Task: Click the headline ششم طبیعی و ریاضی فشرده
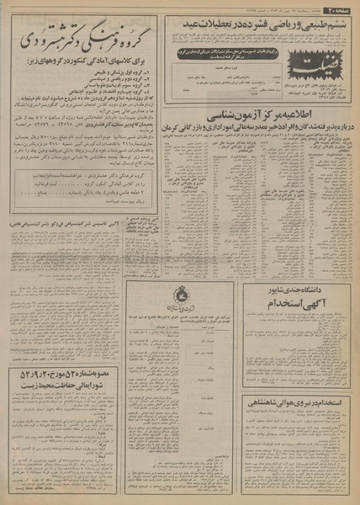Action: pyautogui.click(x=265, y=24)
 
